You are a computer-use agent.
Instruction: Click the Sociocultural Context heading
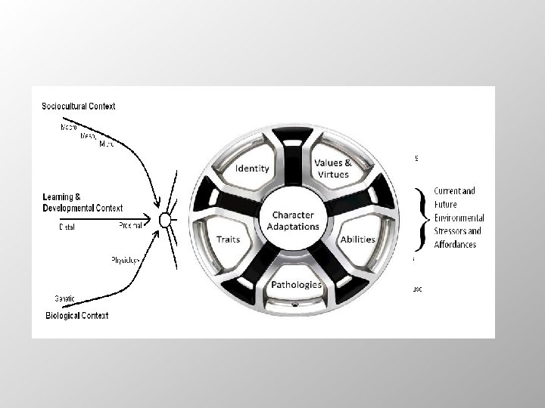coord(79,107)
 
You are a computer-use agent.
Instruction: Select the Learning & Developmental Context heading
coord(83,202)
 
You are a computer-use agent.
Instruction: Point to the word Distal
coord(67,226)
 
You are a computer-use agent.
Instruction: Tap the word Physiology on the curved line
coord(126,260)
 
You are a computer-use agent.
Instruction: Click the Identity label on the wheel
coord(252,168)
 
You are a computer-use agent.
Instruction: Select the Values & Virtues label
coord(332,168)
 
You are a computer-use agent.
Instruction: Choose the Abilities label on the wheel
coord(357,240)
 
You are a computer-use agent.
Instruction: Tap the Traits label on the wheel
coord(228,240)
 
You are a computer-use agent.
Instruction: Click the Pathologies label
coord(297,285)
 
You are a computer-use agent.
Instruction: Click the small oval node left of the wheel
coord(163,220)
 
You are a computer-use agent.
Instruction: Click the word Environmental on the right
coord(459,218)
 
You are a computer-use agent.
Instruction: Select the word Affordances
coord(454,244)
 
